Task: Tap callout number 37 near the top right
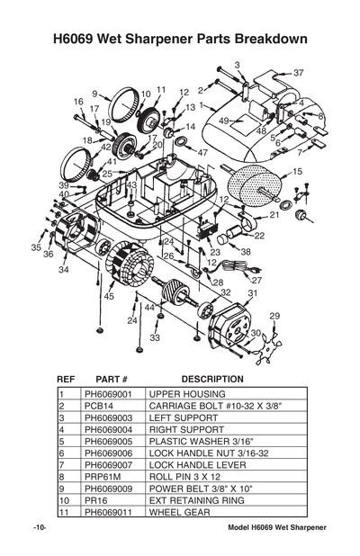click(x=299, y=73)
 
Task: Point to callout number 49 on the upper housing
click(x=223, y=121)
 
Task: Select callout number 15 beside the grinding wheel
click(x=298, y=170)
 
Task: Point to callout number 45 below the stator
click(x=109, y=296)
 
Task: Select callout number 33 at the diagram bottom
click(x=155, y=338)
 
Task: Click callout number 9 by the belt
click(x=94, y=93)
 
